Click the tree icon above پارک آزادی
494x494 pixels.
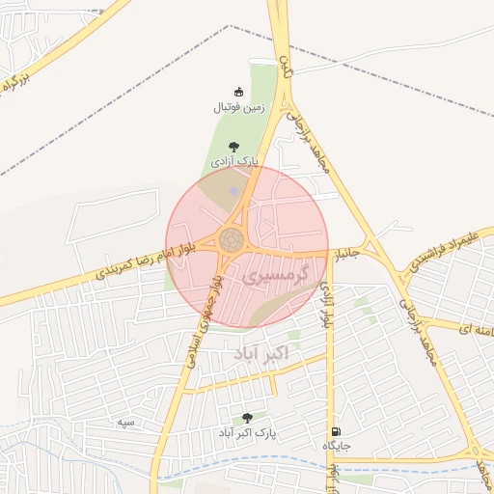pyautogui.click(x=233, y=146)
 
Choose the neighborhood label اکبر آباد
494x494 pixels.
pyautogui.click(x=261, y=355)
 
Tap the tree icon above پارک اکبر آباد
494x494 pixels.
pyautogui.click(x=248, y=419)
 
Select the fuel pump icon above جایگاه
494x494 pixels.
pyautogui.click(x=334, y=431)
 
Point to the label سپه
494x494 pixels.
pyautogui.click(x=124, y=423)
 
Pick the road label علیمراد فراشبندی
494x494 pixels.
pyautogui.click(x=444, y=250)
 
